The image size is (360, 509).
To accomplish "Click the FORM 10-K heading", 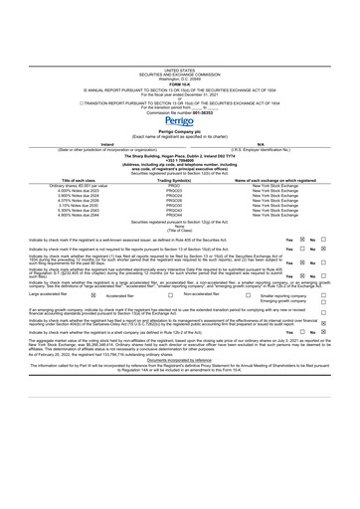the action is click(x=179, y=27).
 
